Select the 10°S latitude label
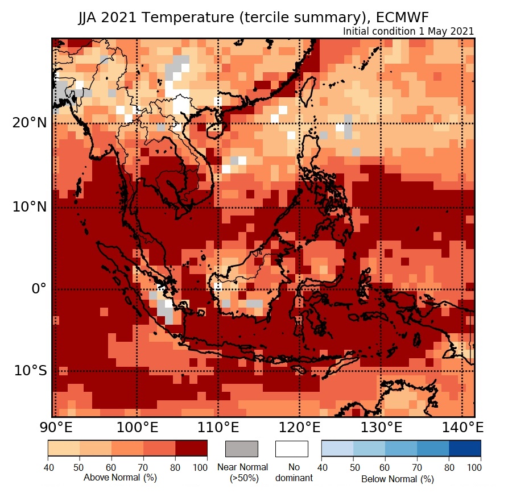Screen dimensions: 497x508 tap(30, 371)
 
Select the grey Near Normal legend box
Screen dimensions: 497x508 tap(242, 449)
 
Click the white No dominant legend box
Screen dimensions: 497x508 tap(291, 449)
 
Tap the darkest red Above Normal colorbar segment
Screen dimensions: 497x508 tap(191, 449)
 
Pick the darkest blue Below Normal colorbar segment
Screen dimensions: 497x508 tap(465, 449)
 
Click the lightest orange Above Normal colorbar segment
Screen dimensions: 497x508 tap(63, 449)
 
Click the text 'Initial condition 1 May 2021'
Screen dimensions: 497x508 tap(408, 31)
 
